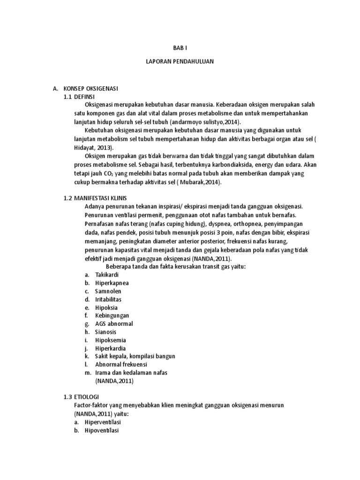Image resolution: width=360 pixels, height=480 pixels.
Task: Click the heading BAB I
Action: (x=180, y=48)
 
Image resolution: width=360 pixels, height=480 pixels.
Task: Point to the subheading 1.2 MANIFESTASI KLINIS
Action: (x=95, y=198)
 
